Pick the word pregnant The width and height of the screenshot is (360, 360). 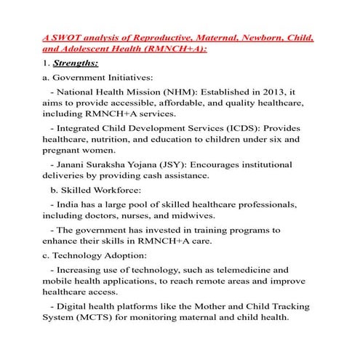65,151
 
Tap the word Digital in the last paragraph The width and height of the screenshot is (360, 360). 76,305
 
